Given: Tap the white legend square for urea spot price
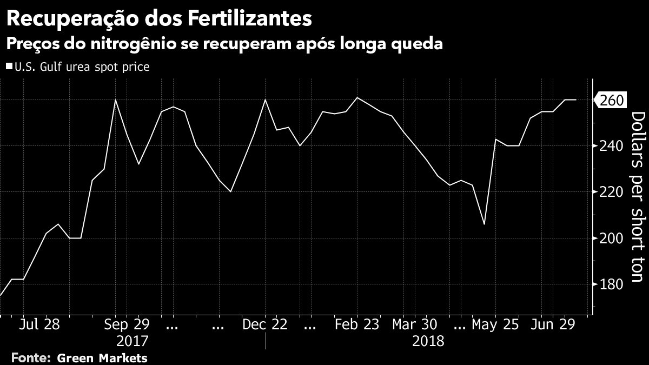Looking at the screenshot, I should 9,67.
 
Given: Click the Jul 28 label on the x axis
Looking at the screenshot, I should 39,325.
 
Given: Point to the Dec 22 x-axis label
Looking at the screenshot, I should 266,325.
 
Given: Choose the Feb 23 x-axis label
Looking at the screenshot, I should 357,325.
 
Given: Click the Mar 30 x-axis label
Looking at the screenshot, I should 414,325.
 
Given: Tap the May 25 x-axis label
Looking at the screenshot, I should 495,325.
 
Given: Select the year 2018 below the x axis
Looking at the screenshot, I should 428,342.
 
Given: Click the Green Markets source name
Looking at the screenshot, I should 102,358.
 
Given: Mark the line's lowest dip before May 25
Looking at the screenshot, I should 484,224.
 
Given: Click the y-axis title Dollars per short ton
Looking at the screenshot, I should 638,197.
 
